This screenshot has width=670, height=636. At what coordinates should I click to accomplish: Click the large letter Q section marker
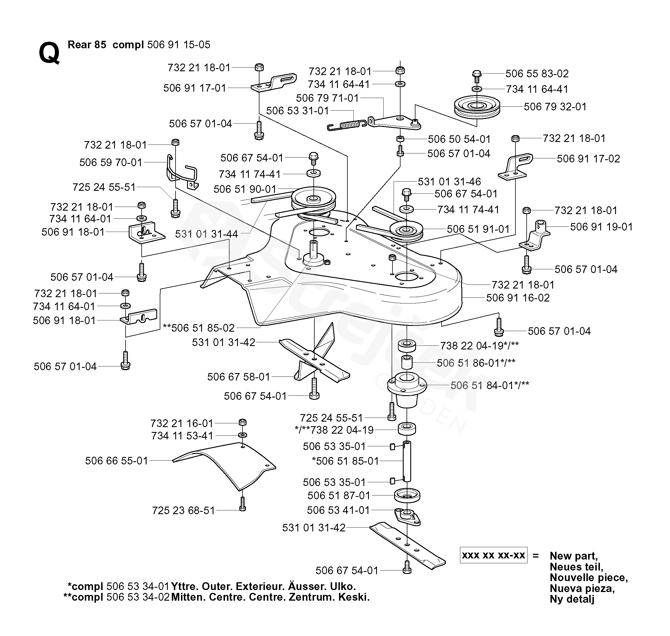[x=49, y=53]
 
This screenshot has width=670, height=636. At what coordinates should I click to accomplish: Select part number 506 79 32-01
[x=555, y=107]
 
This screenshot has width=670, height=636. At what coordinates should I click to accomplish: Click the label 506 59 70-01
[x=111, y=162]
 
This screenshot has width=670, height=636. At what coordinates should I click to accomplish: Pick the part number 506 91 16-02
[x=518, y=298]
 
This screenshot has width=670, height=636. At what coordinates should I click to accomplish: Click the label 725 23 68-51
[x=183, y=511]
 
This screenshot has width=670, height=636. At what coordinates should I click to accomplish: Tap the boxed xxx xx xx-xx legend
[x=493, y=555]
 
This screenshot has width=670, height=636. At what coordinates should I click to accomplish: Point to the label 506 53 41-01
[x=338, y=510]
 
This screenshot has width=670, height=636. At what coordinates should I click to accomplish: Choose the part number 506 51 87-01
[x=339, y=496]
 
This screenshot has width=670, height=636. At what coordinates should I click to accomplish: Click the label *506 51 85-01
[x=345, y=461]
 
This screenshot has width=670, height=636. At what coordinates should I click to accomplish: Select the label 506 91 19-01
[x=602, y=227]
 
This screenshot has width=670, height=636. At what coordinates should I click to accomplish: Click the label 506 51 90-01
[x=245, y=189]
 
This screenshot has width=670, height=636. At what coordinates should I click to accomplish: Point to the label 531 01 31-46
[x=449, y=182]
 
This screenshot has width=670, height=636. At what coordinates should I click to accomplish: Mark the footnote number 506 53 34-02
[x=138, y=597]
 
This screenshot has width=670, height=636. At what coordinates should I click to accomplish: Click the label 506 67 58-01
[x=238, y=377]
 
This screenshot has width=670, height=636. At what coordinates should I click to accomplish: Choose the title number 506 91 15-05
[x=179, y=45]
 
